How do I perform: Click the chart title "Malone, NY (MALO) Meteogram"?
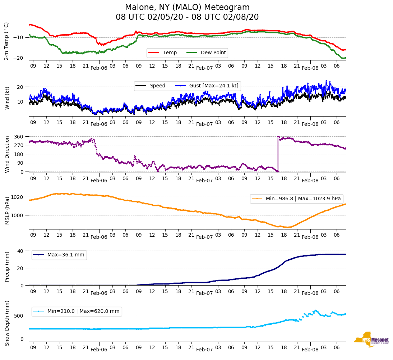pyautogui.click(x=187, y=8)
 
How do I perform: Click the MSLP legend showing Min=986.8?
pyautogui.click(x=296, y=199)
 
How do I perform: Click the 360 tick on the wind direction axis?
pyautogui.click(x=19, y=137)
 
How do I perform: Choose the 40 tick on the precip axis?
pyautogui.click(x=20, y=251)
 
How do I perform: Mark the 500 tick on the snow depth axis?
pyautogui.click(x=19, y=316)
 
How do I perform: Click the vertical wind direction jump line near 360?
pyautogui.click(x=278, y=154)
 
